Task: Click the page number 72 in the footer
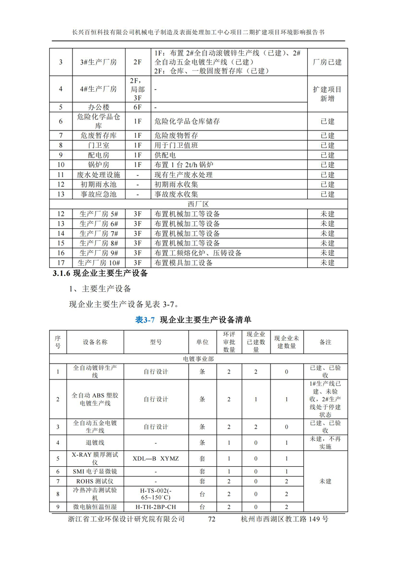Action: point(212,519)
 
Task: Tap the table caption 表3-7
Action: point(145,319)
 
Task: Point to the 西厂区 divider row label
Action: point(198,204)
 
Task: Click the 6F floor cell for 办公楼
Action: point(136,107)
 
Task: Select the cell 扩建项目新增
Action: point(327,94)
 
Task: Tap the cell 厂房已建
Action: point(327,62)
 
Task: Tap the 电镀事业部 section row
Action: point(198,359)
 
